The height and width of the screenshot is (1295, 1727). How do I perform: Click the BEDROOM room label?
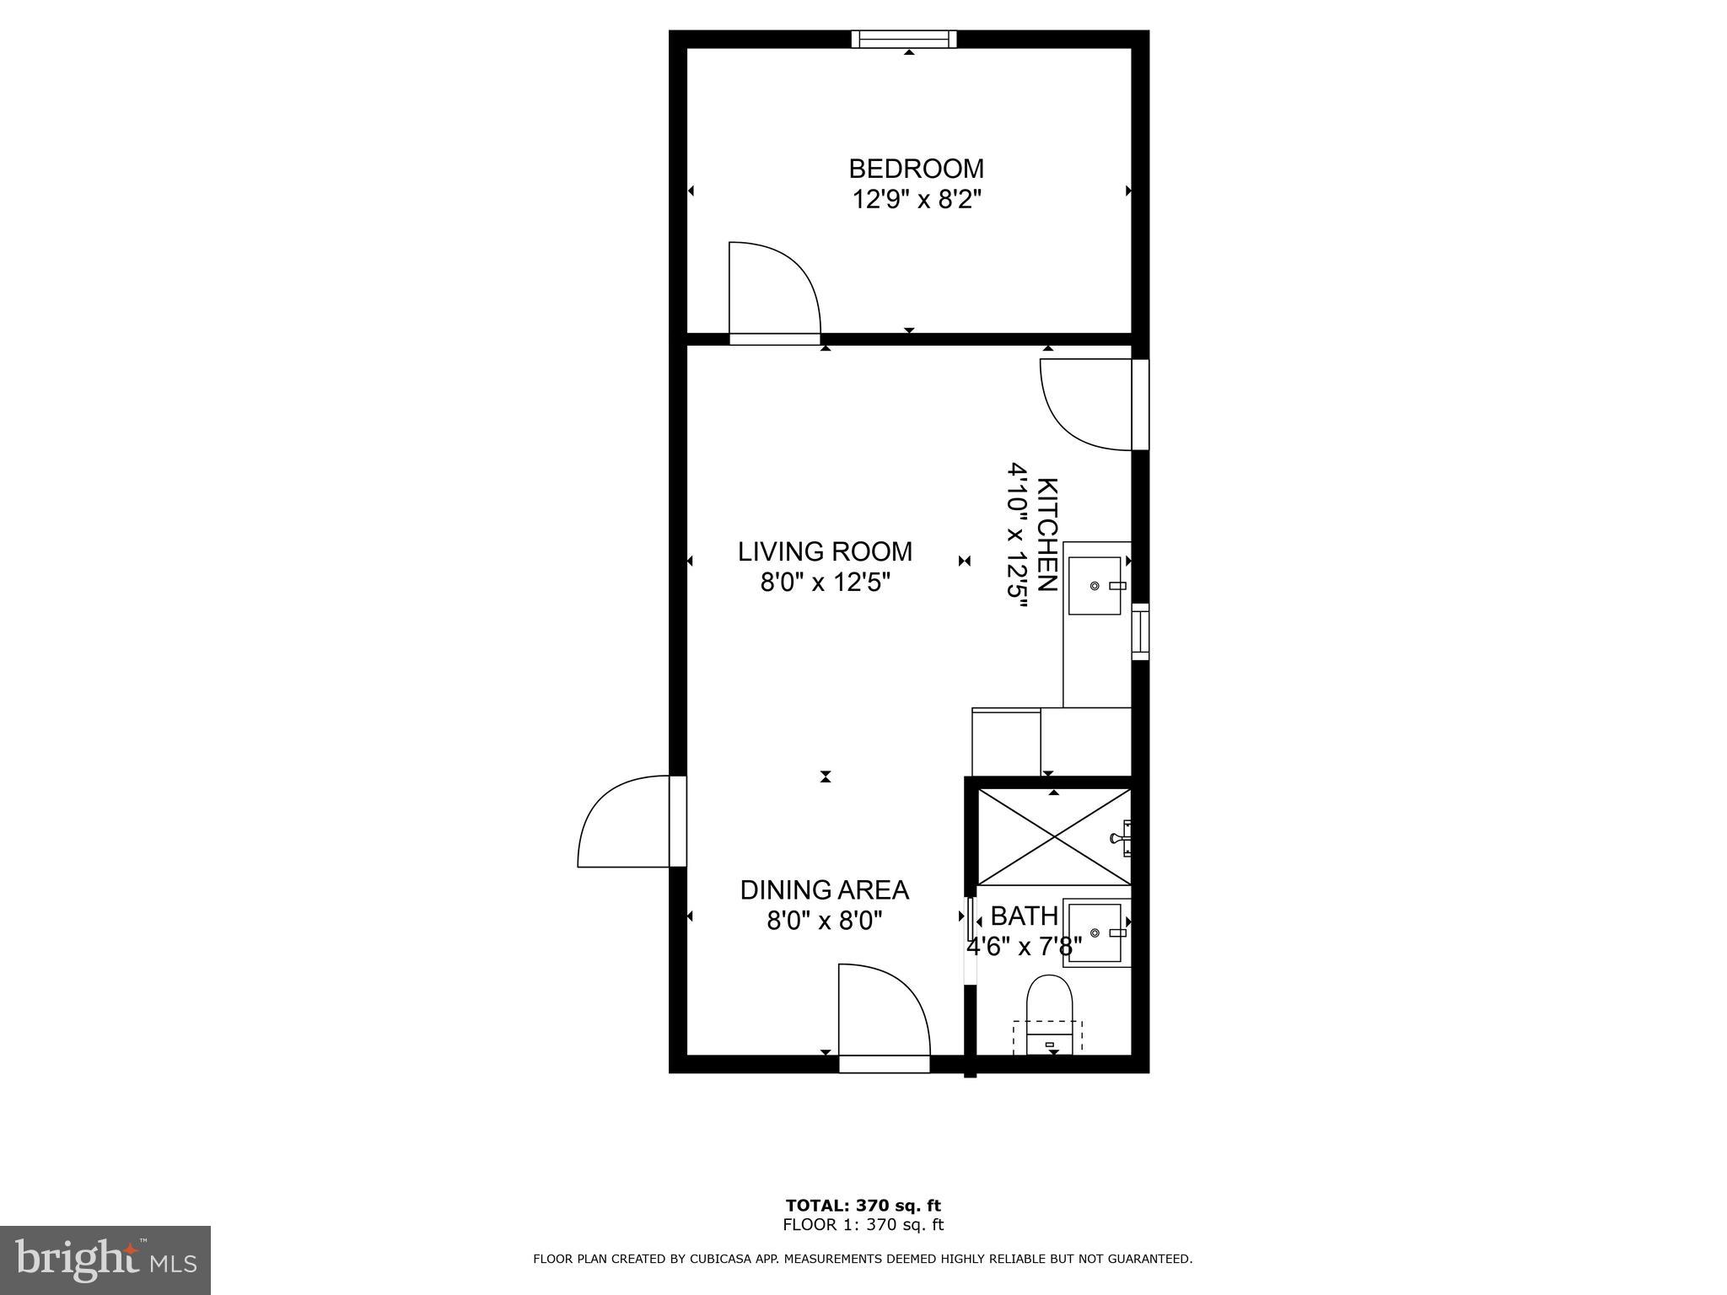(916, 169)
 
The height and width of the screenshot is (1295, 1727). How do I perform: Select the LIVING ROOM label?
(825, 551)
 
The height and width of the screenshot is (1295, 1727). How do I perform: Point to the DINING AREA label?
(824, 889)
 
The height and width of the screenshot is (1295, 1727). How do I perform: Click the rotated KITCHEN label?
(1046, 535)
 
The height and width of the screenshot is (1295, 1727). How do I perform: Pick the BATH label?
(1024, 916)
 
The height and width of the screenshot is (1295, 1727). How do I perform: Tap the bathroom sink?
(1095, 932)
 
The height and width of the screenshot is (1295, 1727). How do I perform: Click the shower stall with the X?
(1052, 836)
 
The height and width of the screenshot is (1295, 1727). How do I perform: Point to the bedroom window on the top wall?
(904, 39)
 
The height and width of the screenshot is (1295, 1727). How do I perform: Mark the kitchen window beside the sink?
(1140, 631)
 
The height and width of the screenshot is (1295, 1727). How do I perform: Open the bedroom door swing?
(772, 292)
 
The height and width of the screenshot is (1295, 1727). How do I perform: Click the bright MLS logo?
(105, 1260)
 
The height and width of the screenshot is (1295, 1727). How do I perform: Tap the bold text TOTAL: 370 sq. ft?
(863, 1206)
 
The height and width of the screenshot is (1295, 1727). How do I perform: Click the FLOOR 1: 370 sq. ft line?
(863, 1225)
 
